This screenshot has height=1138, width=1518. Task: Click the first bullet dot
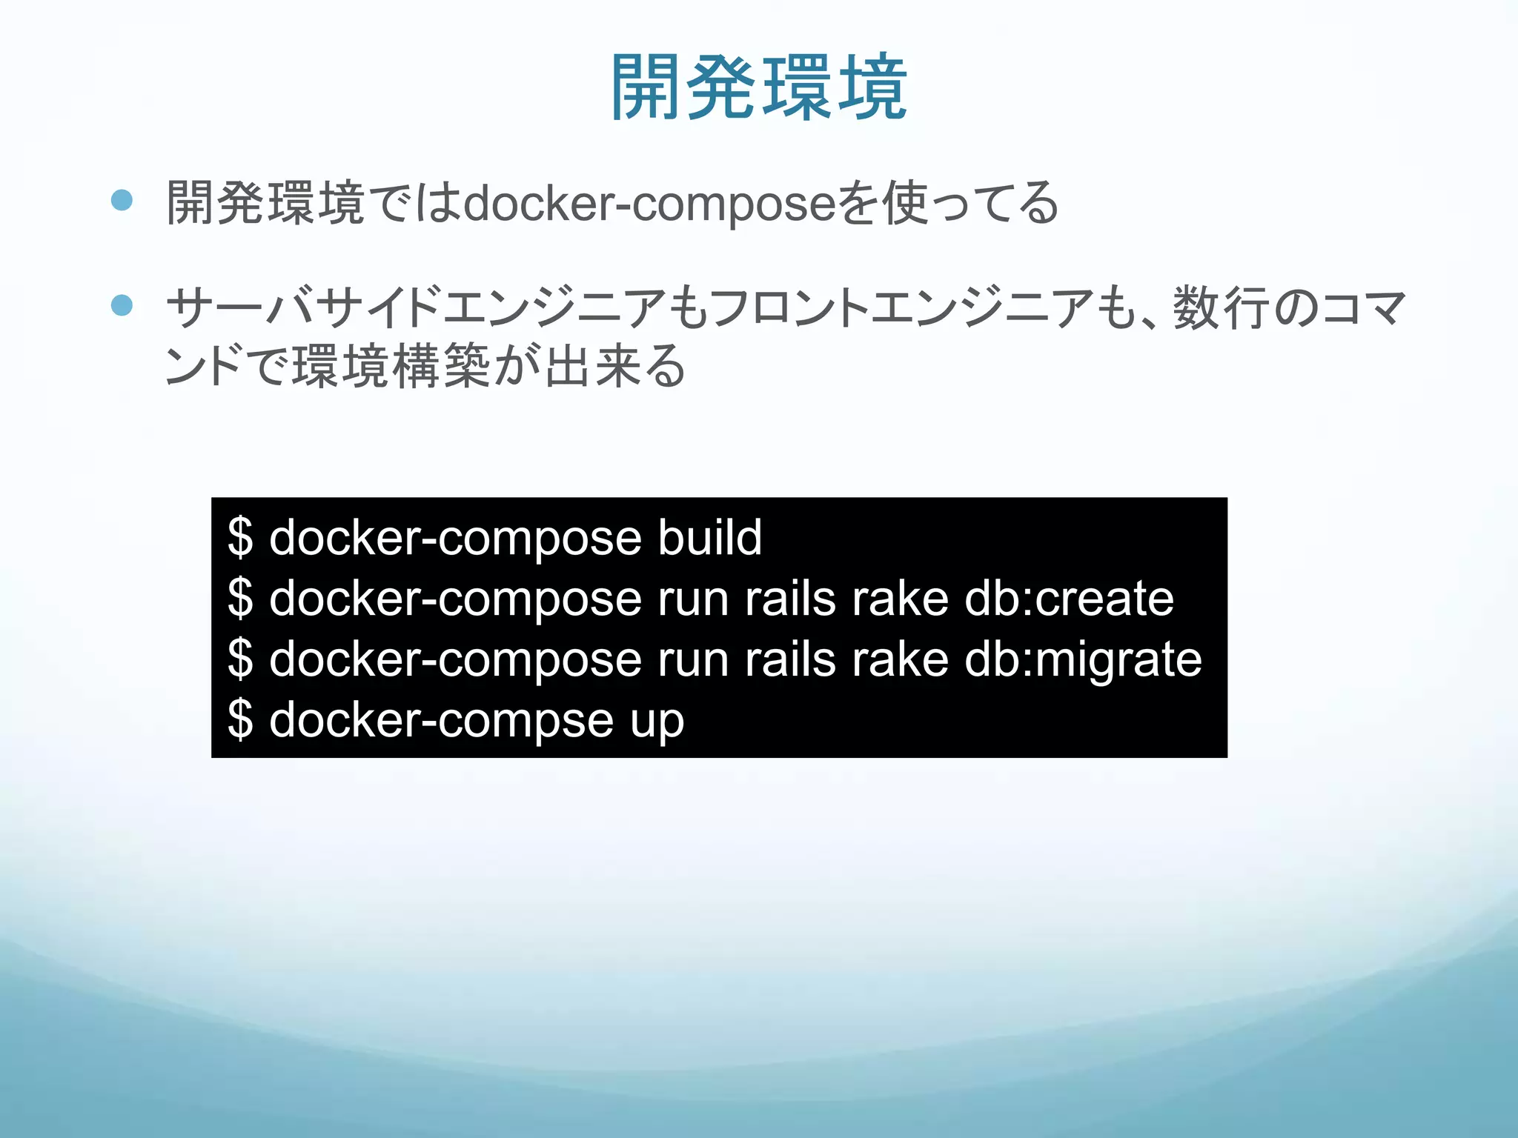[122, 201]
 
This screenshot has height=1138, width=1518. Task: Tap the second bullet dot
[122, 305]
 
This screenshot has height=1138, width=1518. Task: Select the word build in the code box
[709, 537]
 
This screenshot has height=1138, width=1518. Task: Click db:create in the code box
[1069, 599]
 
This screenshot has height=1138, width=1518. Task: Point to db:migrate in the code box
[1082, 659]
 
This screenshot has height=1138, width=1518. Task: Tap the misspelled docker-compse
[441, 720]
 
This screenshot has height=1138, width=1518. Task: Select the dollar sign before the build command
[240, 537]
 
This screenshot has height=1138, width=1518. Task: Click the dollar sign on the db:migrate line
[240, 659]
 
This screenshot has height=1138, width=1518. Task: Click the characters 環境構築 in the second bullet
[391, 366]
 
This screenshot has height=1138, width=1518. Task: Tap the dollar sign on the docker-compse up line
[240, 720]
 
